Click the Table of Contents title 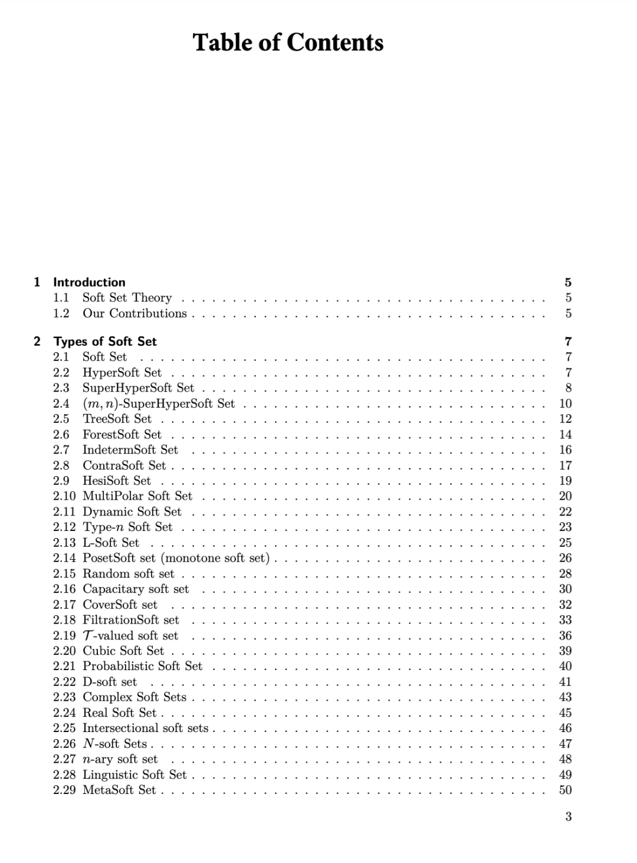tap(288, 42)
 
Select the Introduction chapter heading tap(89, 282)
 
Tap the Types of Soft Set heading tap(105, 341)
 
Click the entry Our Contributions tap(134, 313)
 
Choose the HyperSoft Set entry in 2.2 tap(122, 372)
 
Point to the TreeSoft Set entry tap(117, 419)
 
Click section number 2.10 tap(64, 496)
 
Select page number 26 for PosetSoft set tap(565, 558)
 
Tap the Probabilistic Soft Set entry tap(142, 666)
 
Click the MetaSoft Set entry tap(119, 790)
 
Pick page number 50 tap(565, 790)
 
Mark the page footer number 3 tap(568, 817)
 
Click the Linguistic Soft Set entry tap(134, 775)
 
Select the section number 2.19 tap(64, 635)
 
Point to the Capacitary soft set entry tap(136, 589)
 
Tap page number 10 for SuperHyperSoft tap(565, 403)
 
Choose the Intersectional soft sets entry tap(145, 728)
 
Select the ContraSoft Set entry tap(124, 465)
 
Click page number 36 tap(565, 635)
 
